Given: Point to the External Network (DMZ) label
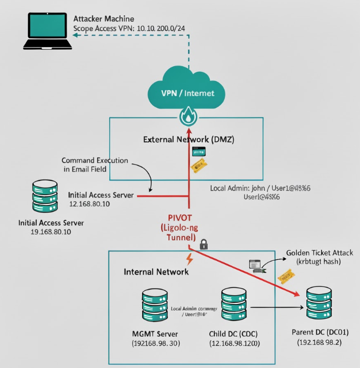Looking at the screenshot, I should coord(188,139).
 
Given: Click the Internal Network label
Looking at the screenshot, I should coord(156,271).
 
